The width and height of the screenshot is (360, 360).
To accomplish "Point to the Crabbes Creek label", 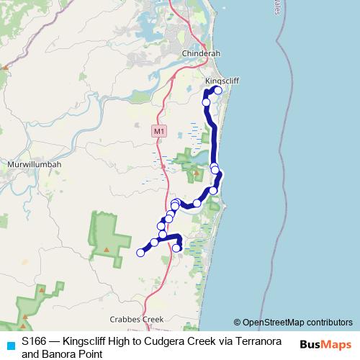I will coord(136,319).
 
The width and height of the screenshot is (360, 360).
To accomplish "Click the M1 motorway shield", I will coord(159,132).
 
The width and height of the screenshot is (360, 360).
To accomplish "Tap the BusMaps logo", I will coord(325,345).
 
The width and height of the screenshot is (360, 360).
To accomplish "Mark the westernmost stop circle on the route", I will coord(140,252).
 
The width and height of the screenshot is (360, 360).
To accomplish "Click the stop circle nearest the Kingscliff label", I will coord(218,91).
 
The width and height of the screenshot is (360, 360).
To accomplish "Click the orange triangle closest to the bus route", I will coord(194,173).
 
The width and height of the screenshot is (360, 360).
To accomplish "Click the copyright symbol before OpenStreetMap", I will coord(237,322).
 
